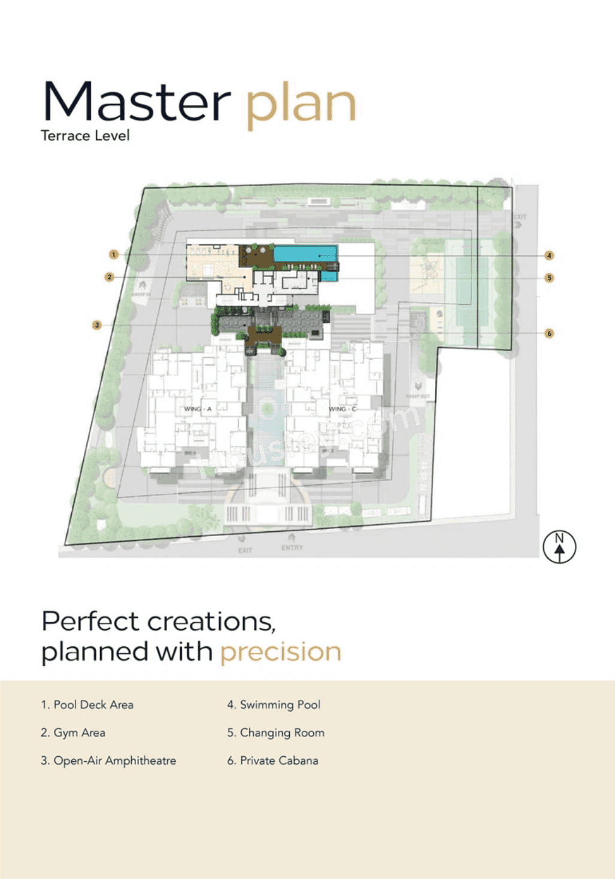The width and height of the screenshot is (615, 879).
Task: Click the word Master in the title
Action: (137, 102)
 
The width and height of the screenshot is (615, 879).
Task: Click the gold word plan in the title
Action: (301, 105)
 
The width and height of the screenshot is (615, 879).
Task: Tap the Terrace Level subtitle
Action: (85, 136)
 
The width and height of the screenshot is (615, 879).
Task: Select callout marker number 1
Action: (113, 255)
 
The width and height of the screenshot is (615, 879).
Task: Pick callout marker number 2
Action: (109, 277)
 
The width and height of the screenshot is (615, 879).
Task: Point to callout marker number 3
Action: (96, 325)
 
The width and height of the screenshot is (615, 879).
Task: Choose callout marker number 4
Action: (549, 256)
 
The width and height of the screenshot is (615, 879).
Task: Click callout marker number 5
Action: (549, 278)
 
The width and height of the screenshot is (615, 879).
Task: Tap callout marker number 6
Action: (549, 333)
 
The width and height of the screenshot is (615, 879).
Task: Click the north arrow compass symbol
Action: (559, 547)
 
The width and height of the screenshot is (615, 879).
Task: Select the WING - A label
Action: (198, 409)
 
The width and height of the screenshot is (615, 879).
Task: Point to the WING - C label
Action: (342, 409)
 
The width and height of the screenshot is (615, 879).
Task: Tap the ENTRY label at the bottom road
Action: (292, 548)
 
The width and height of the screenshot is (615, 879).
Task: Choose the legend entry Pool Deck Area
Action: (87, 705)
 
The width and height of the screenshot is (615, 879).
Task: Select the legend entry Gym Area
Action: (73, 733)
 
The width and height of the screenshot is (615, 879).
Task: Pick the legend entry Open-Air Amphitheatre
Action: (108, 761)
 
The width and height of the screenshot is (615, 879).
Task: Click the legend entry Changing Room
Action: (275, 733)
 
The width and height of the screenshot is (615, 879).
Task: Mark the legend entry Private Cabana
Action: (272, 761)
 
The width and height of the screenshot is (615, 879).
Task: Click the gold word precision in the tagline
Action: (281, 652)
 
